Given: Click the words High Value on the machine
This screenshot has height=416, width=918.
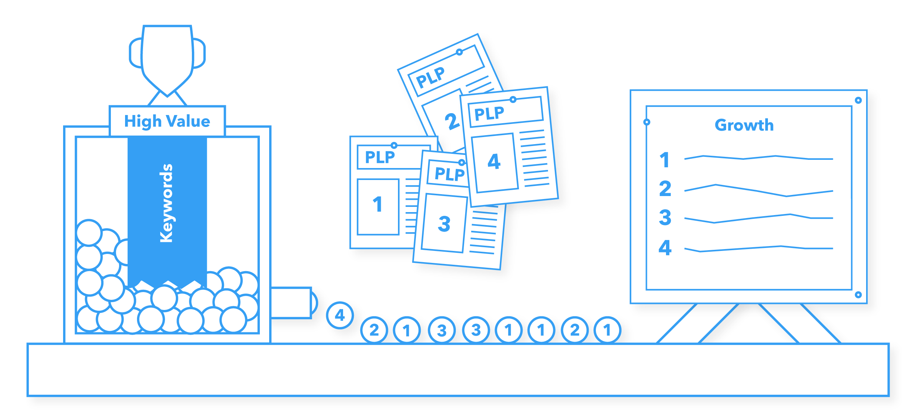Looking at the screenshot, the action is pos(167,122).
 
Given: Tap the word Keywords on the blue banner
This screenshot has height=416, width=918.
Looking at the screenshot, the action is pos(167,204).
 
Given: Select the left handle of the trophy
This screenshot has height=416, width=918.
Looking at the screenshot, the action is pos(136,53).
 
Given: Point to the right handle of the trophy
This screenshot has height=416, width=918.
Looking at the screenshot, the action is pos(199,53).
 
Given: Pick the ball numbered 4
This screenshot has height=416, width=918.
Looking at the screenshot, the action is pos(340,315).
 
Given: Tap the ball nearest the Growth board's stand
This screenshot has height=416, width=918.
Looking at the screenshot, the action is pos(607,330).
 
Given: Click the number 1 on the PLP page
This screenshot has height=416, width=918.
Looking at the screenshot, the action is pos(377,205).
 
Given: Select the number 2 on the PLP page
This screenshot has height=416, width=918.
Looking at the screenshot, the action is pos(452,121).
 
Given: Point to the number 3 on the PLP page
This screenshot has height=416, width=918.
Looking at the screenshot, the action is pos(444,224).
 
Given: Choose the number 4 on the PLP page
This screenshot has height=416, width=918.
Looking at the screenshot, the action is pos(494,162).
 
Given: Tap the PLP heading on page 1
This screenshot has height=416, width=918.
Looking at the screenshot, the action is pos(380,157).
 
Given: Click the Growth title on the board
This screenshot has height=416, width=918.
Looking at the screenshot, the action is pos(744,125).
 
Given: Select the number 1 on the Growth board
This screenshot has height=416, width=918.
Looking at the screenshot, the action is pos(664,160).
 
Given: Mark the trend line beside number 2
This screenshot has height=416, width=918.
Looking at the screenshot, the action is pos(759,190).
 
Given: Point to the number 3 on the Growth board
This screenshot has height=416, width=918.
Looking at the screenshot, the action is pos(665,218).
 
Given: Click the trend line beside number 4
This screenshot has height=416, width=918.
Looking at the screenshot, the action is pos(759,249).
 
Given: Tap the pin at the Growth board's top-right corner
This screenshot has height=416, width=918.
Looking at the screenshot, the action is pos(858,100).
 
